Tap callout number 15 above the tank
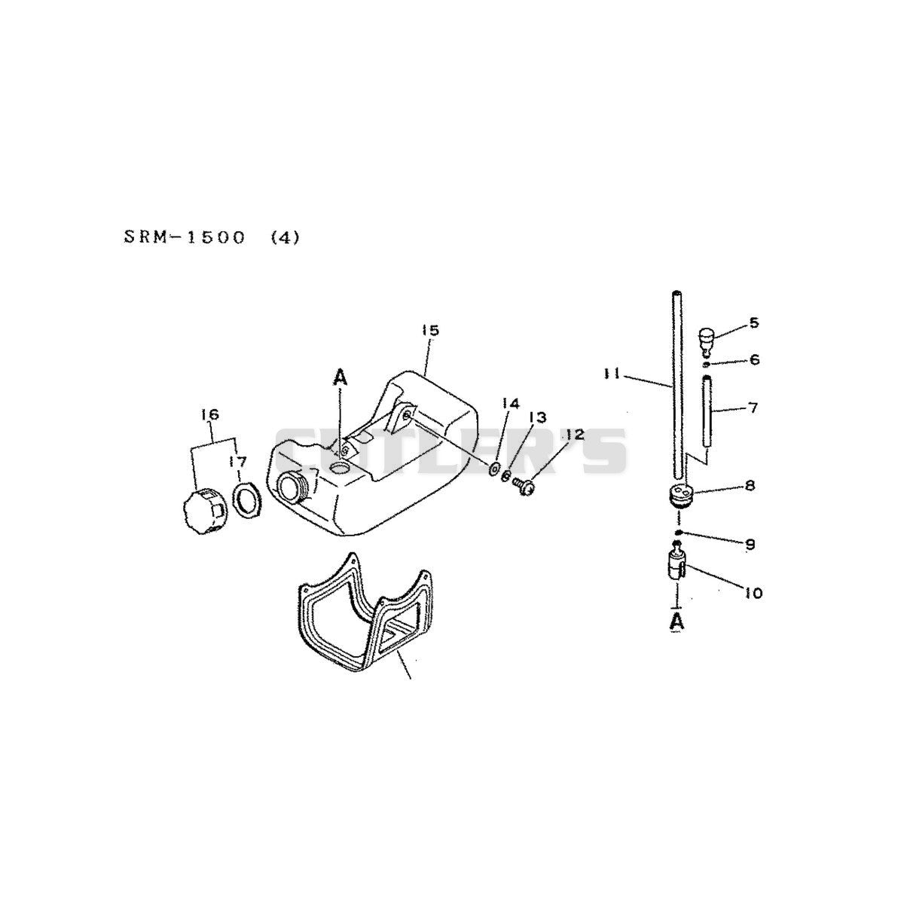pos(429,330)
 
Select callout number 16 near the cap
pos(211,414)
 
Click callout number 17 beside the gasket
pos(237,462)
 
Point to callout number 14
pos(511,404)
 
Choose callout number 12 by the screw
pos(575,435)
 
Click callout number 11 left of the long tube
pos(612,374)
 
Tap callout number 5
pos(753,322)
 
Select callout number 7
pos(753,408)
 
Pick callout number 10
pos(753,593)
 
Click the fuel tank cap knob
pos(203,514)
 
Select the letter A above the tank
pos(341,377)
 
